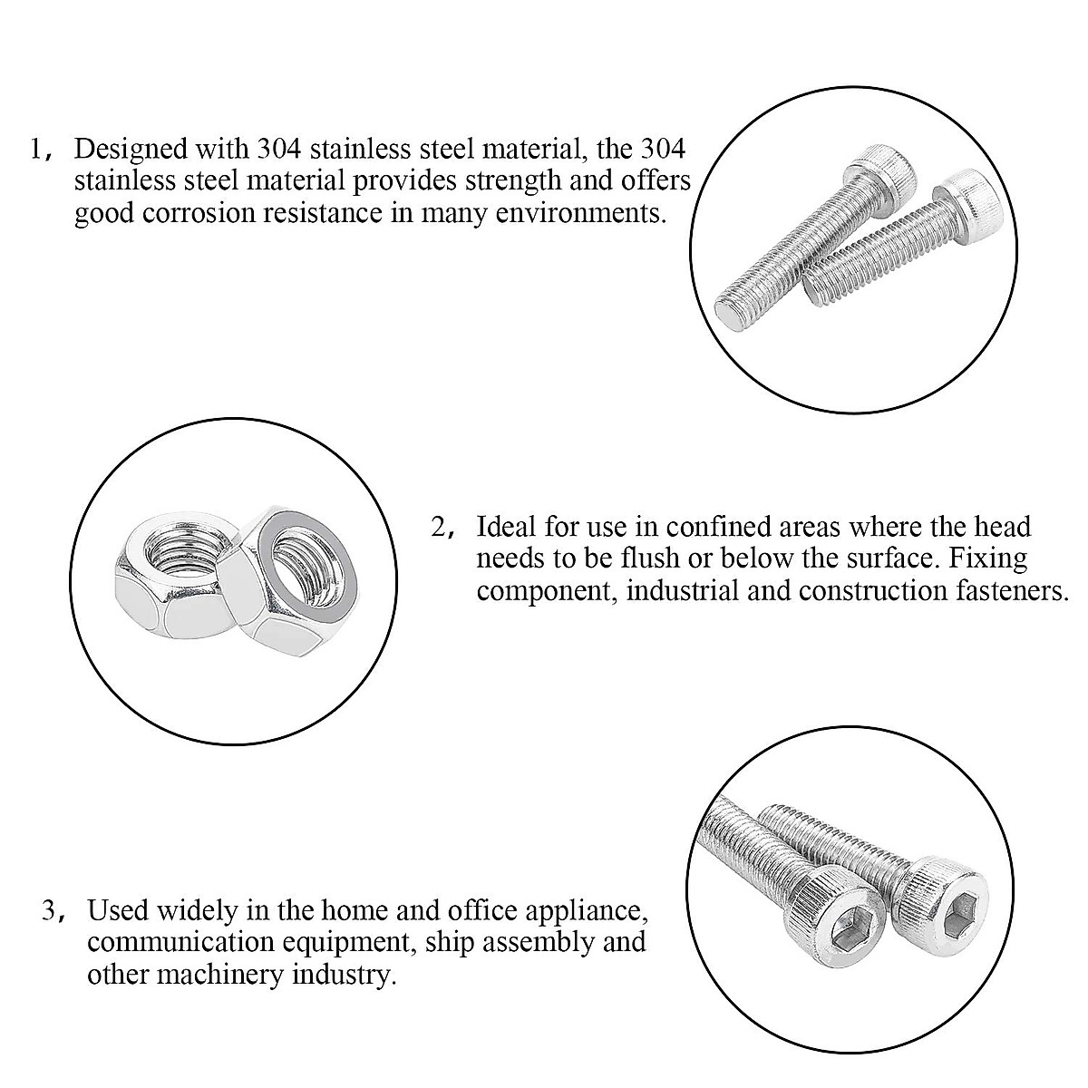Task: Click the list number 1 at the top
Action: coord(36,148)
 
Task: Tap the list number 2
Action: coord(439,526)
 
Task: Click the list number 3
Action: coord(50,909)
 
